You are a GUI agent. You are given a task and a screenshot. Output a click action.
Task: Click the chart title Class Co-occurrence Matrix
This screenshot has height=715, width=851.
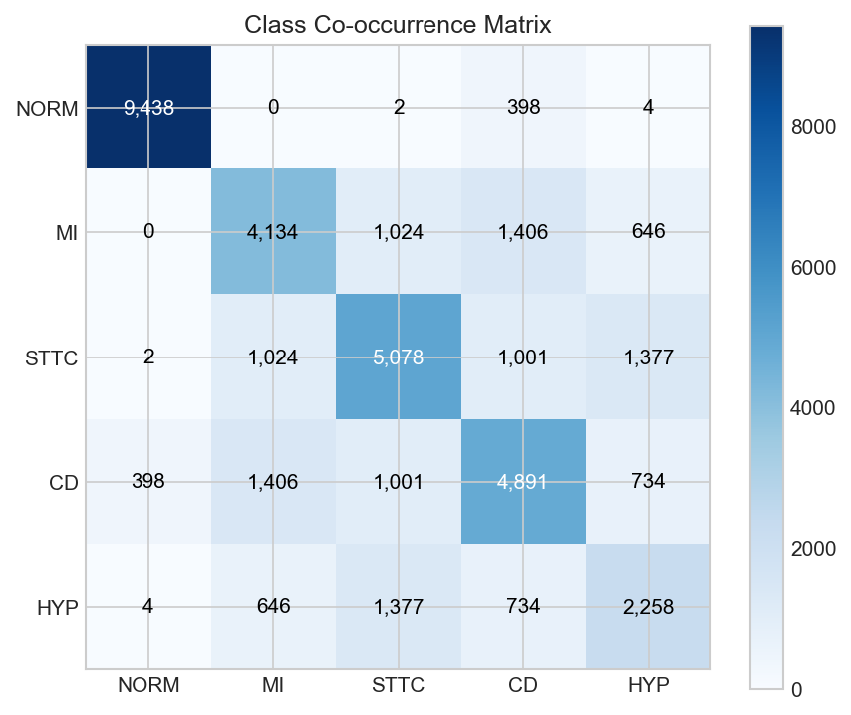398,24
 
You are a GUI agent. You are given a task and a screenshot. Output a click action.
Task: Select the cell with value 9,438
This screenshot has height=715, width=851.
148,108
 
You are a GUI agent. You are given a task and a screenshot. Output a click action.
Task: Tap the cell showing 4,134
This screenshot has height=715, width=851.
273,232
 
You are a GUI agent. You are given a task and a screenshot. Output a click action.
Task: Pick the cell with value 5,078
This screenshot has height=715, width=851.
399,357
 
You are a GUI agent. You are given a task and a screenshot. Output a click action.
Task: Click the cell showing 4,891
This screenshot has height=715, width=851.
523,482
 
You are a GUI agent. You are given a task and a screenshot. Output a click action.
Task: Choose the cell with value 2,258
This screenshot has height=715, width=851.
648,606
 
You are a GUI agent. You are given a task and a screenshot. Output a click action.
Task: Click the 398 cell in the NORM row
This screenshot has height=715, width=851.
523,108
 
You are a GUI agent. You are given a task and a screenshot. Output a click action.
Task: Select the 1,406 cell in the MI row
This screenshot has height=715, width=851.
523,232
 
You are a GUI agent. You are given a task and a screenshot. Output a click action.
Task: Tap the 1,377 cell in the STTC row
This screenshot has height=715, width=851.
648,357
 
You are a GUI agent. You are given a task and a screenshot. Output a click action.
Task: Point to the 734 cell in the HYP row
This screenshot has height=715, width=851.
523,606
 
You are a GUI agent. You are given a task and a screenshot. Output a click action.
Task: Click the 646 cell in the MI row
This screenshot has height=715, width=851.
648,232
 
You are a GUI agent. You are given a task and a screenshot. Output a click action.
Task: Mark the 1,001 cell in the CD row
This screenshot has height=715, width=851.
399,482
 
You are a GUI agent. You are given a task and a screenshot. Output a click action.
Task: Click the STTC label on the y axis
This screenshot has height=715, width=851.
52,357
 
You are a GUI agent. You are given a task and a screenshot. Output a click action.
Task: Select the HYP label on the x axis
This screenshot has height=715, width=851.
648,686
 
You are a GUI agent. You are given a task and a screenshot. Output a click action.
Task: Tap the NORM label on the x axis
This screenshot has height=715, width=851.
148,686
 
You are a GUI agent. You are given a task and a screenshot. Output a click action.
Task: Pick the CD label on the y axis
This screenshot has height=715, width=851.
65,482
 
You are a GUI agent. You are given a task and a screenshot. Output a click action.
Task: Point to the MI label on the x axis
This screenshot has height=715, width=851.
273,686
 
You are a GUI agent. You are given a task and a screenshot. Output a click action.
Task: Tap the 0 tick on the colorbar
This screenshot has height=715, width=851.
796,688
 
